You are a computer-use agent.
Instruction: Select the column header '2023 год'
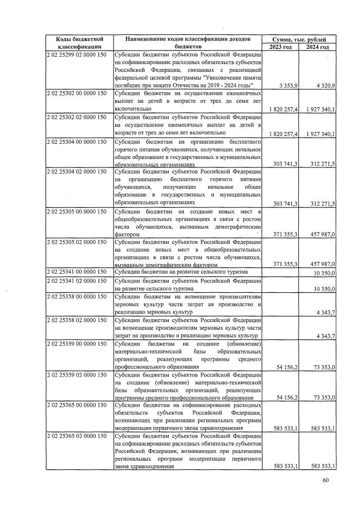click(x=281, y=47)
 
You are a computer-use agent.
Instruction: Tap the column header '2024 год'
click(x=318, y=47)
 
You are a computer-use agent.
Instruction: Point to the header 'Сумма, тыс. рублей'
click(x=299, y=39)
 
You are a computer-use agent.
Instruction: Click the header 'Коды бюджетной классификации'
click(x=79, y=43)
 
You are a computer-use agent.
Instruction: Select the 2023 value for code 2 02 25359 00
click(x=288, y=366)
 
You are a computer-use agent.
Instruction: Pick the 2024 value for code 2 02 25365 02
click(x=323, y=466)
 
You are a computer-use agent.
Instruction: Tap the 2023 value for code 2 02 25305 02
click(x=285, y=264)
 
